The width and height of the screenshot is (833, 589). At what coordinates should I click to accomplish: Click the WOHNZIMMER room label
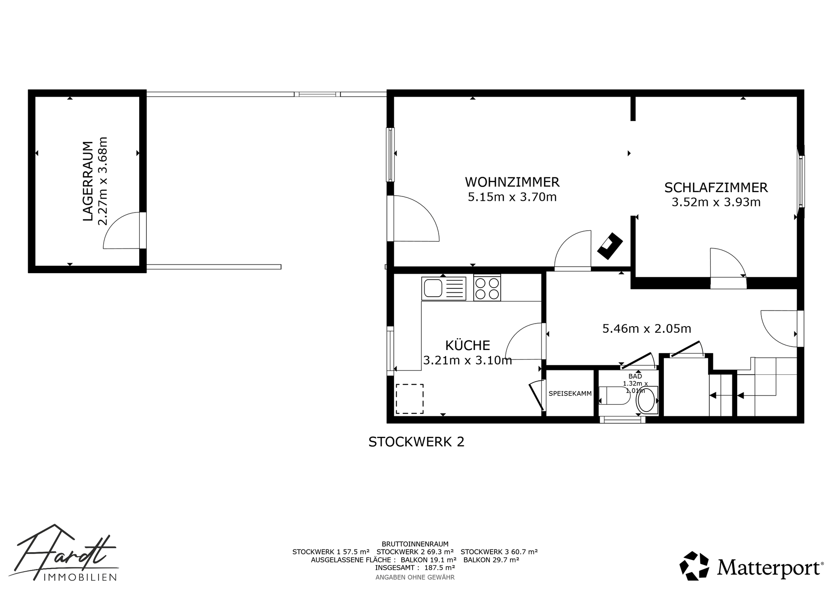pos(512,181)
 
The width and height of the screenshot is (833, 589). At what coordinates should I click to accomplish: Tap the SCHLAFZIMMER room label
pos(716,187)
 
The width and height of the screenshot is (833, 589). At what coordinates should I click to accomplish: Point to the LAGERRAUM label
pos(88,181)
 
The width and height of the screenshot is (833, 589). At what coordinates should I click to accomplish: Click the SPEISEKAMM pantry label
pos(570,394)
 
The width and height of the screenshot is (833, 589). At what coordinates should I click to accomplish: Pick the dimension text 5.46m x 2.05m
pos(646,329)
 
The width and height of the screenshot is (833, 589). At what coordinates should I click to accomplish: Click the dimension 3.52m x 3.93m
pos(716,202)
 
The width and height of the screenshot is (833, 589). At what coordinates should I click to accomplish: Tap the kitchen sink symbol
pos(443,288)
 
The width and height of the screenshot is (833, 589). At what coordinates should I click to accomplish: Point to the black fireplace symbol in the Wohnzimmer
pos(610,246)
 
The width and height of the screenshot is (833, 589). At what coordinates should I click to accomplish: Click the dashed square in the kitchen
pos(409,399)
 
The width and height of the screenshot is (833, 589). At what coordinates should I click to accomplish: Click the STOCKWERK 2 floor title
pos(416,442)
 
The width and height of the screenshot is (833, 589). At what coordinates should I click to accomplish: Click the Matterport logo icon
pos(694,566)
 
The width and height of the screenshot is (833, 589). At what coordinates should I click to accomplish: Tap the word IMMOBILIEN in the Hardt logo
pos(80,577)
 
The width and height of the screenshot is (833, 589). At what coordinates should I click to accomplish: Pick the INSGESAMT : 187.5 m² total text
pos(415,567)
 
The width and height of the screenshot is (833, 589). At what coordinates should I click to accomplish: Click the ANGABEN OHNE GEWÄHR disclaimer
pos(415,577)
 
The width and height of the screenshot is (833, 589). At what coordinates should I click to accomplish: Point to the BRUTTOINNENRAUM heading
pos(415,544)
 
